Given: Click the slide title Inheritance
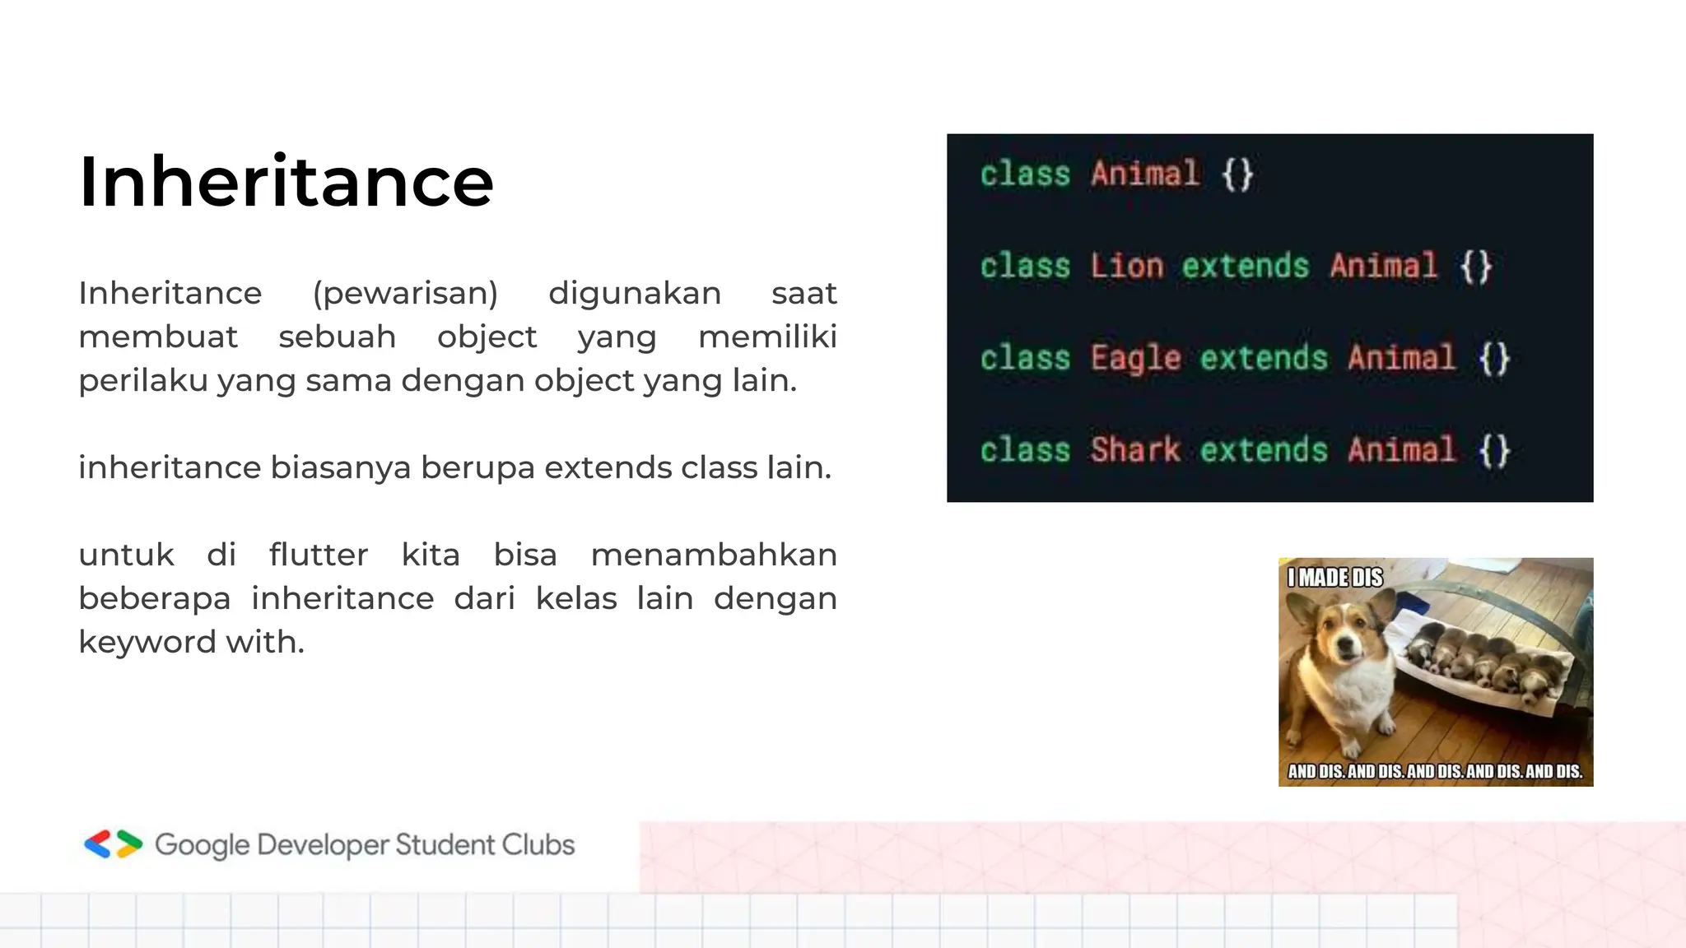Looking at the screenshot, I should click(286, 182).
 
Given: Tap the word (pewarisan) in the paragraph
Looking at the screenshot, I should click(405, 294).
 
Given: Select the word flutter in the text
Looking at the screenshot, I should click(318, 555).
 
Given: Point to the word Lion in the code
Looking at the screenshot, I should click(1126, 267).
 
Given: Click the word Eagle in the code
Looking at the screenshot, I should click(1135, 359).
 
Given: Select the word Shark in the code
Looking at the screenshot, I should click(1135, 450).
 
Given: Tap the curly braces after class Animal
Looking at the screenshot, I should click(1237, 174).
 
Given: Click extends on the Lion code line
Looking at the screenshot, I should click(1245, 267).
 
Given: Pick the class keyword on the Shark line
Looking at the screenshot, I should click(1025, 450).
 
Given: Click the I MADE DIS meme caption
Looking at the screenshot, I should click(1334, 578).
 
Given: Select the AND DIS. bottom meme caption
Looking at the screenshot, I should click(1435, 771).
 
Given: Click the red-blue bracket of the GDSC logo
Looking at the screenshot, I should click(98, 844).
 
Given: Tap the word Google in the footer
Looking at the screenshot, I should click(202, 845).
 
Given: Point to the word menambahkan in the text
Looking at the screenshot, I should click(713, 555).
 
